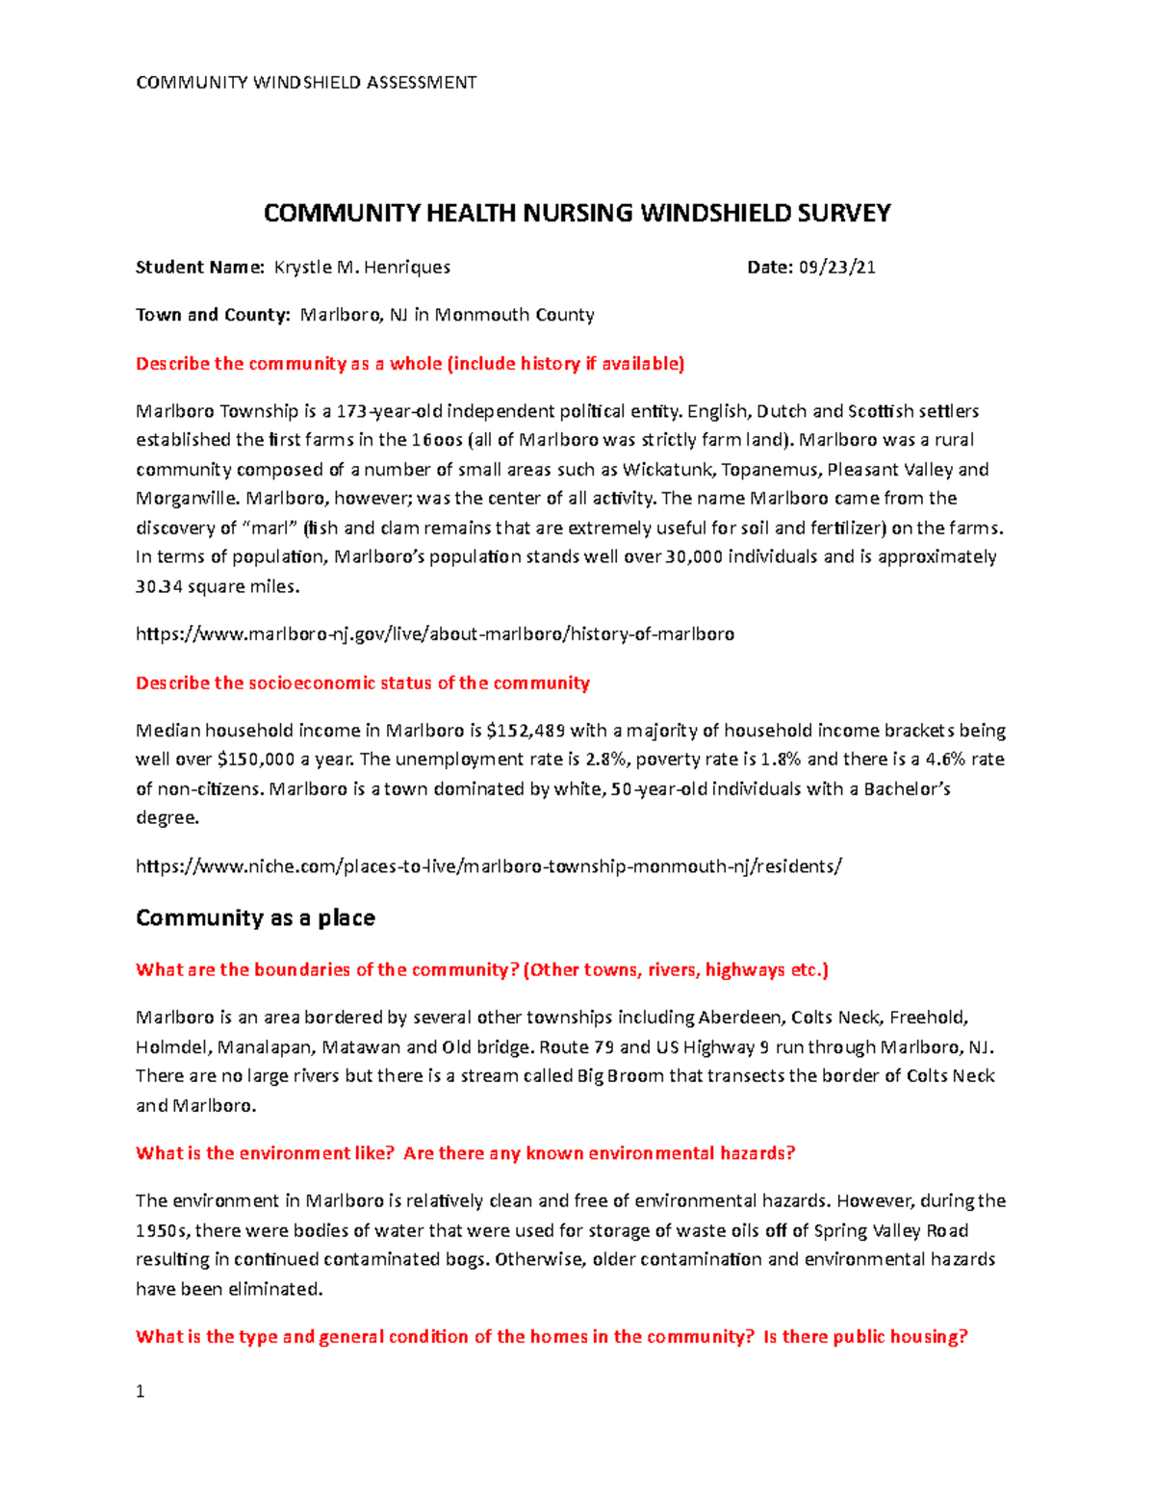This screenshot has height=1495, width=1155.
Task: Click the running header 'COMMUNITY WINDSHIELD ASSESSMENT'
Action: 306,83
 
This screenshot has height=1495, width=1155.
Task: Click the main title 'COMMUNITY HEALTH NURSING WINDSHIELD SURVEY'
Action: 577,213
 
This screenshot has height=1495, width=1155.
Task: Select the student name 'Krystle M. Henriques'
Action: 362,268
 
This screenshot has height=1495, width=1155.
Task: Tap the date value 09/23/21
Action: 836,268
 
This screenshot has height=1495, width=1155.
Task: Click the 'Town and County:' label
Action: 213,315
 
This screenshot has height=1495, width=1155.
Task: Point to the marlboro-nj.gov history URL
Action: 435,634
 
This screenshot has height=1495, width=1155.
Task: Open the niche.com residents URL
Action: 489,866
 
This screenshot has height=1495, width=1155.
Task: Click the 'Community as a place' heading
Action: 255,917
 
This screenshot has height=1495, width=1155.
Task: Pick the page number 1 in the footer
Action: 141,1391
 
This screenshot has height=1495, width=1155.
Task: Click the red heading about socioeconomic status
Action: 362,683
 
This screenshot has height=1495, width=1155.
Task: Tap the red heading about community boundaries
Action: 481,970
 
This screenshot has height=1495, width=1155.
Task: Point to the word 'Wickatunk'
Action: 661,470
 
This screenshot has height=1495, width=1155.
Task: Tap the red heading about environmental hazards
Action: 465,1153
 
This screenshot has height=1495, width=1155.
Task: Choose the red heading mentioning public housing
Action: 551,1337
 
